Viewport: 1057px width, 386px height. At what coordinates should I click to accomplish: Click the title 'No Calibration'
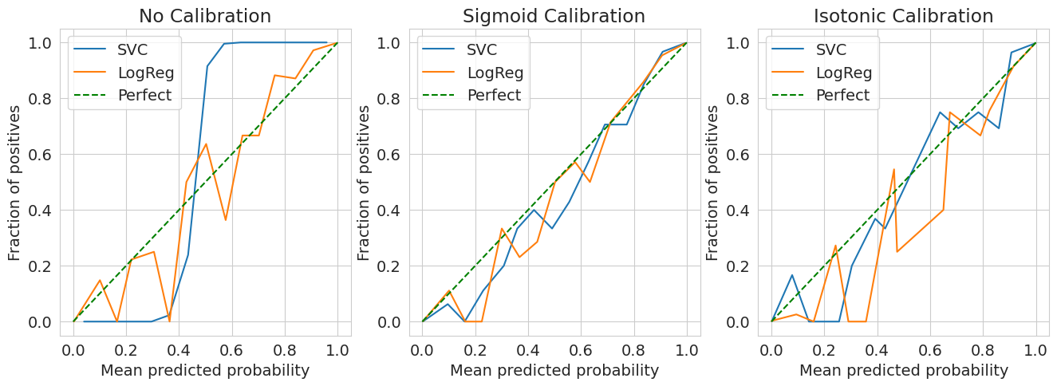(x=205, y=16)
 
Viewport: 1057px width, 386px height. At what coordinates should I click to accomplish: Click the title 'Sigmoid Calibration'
(x=554, y=16)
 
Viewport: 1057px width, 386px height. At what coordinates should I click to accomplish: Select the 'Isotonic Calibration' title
(x=903, y=16)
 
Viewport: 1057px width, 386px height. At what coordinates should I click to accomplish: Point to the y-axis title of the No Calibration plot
(x=15, y=182)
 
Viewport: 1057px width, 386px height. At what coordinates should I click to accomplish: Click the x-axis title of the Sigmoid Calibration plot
(x=554, y=371)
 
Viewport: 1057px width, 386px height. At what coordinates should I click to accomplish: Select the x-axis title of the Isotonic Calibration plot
(x=904, y=371)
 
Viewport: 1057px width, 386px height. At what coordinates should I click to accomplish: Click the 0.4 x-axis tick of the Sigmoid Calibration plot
(x=528, y=349)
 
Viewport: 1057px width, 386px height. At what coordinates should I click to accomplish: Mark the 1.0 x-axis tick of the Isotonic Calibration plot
(x=1035, y=349)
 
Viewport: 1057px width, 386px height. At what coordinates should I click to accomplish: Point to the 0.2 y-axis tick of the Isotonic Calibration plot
(x=741, y=266)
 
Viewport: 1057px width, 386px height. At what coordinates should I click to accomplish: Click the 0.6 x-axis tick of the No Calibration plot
(x=231, y=349)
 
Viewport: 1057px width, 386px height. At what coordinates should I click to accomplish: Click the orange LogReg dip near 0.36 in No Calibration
(x=169, y=321)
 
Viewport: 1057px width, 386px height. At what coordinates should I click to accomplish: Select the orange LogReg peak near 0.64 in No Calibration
(x=206, y=144)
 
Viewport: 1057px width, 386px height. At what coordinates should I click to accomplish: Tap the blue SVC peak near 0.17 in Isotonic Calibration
(x=792, y=275)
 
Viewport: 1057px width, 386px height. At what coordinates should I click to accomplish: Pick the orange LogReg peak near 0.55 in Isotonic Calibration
(x=893, y=169)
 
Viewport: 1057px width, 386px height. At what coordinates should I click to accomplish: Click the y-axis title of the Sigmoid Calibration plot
(x=365, y=182)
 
